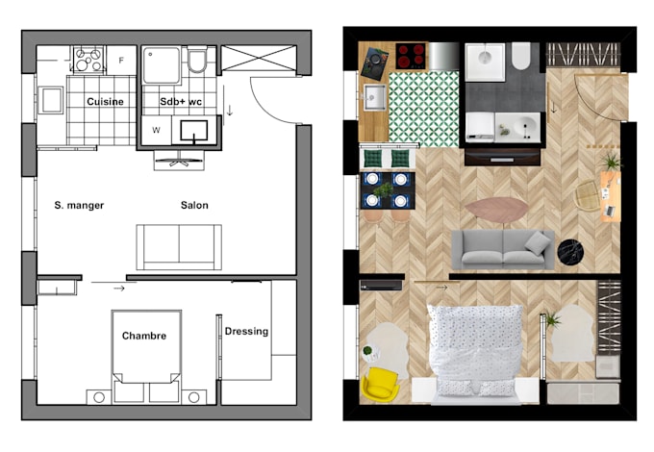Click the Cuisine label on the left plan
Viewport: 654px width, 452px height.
[x=105, y=101]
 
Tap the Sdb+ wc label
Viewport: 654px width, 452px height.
[x=181, y=101]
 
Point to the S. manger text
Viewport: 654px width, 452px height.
[x=79, y=205]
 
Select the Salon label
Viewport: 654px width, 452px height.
[x=194, y=205]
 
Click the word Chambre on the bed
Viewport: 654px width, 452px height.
[x=144, y=336]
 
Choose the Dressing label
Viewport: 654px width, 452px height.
[x=246, y=332]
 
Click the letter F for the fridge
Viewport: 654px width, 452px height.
[x=121, y=61]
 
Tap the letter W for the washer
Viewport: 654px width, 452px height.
[x=156, y=130]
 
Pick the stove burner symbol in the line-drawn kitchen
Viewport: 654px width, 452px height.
[x=88, y=60]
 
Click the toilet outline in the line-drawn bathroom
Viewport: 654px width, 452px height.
[x=197, y=61]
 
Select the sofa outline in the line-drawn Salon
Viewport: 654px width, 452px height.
[x=179, y=247]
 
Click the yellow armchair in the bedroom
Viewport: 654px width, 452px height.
[x=380, y=384]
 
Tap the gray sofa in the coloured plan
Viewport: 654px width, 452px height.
[x=503, y=249]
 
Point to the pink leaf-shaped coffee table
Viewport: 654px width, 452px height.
[x=497, y=210]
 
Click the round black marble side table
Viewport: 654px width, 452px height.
[x=570, y=252]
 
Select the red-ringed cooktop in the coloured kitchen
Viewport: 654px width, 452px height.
[x=412, y=56]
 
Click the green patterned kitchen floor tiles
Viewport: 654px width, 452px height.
[x=424, y=109]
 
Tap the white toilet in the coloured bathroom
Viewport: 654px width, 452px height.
[x=521, y=56]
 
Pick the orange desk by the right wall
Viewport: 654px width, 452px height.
[x=611, y=196]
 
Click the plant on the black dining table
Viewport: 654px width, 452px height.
[x=384, y=190]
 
